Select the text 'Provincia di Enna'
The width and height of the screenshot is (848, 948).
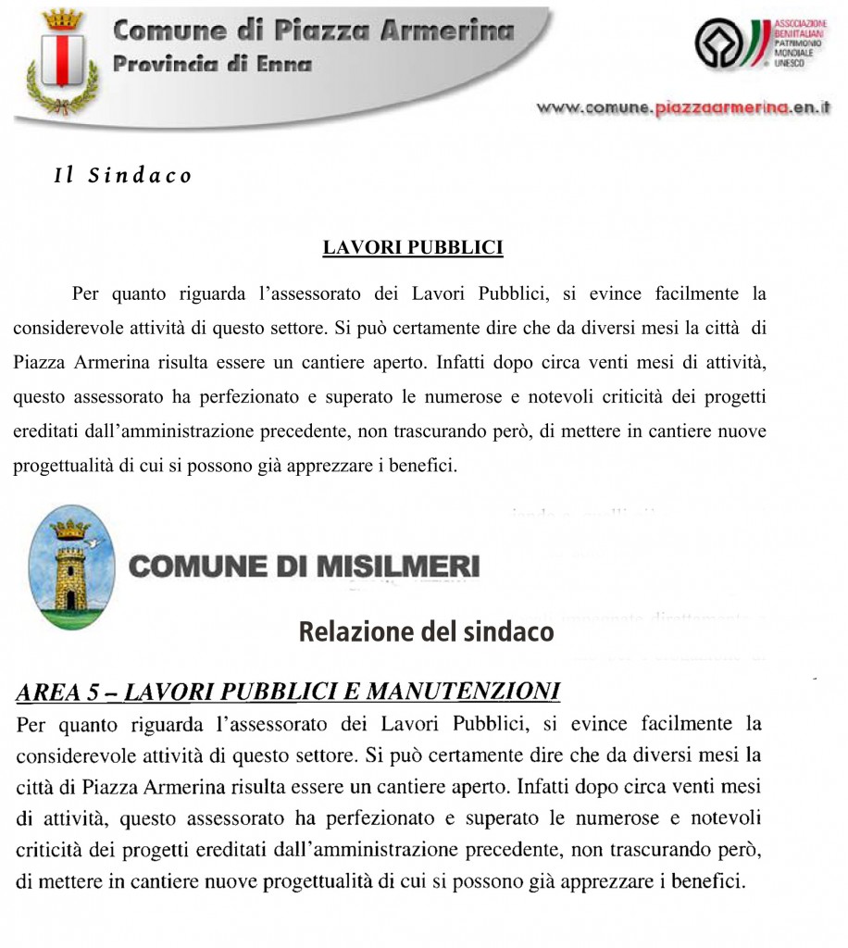(212, 64)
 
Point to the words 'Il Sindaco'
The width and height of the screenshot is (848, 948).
(122, 176)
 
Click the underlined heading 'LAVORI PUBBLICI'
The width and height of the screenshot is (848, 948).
(412, 247)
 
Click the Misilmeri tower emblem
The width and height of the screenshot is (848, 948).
(71, 568)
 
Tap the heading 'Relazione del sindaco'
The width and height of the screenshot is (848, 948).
(426, 631)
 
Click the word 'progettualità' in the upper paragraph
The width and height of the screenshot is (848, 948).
(63, 465)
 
